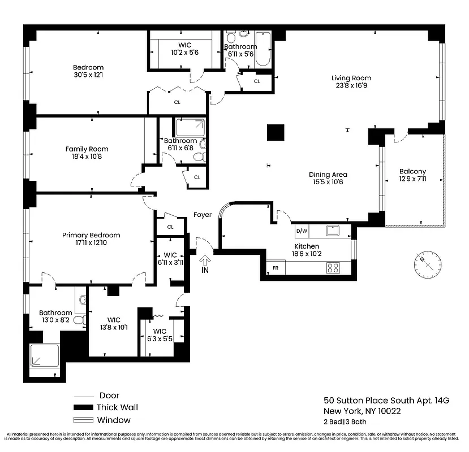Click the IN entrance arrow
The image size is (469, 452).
(205, 262)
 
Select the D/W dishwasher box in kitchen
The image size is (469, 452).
(301, 231)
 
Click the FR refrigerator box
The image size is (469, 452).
(276, 268)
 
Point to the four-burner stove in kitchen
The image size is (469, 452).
(332, 268)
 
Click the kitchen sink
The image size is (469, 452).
(332, 230)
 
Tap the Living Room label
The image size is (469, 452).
(351, 79)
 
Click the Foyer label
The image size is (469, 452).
(203, 215)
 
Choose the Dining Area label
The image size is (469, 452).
(328, 175)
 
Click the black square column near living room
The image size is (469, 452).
(276, 133)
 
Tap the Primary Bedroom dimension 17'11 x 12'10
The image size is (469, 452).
(91, 243)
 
